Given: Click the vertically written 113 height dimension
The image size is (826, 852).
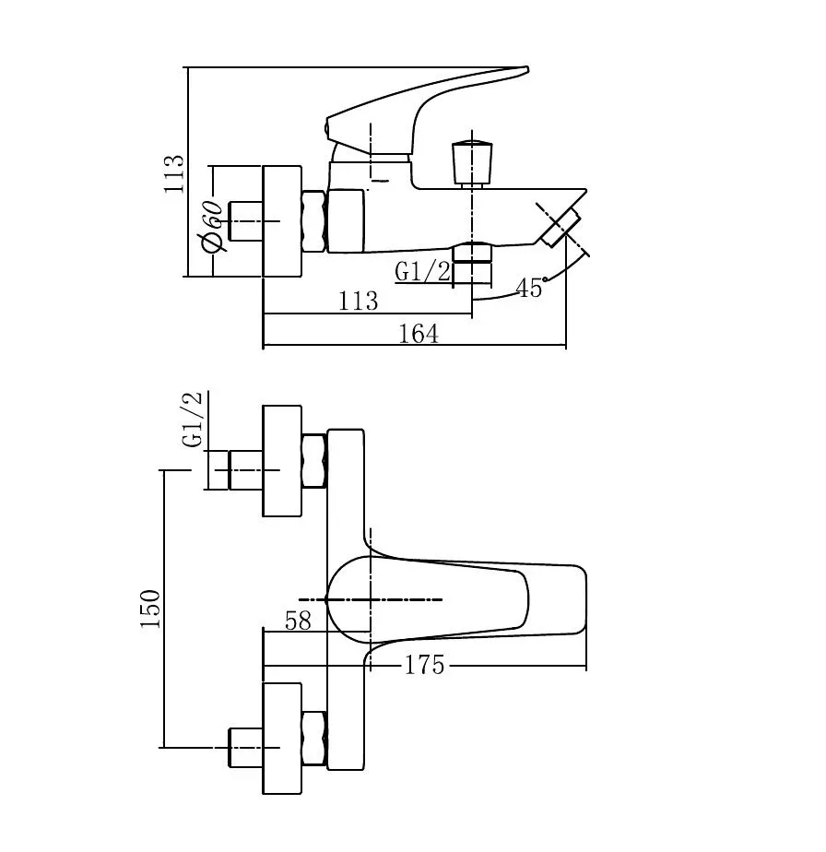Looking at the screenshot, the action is (174, 174).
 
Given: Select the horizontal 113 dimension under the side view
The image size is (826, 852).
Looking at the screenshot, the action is (358, 301).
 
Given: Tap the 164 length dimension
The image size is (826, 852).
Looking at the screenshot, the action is (419, 334).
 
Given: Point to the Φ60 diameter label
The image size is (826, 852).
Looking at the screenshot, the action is (212, 226).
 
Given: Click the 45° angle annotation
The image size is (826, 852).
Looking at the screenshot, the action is (531, 288).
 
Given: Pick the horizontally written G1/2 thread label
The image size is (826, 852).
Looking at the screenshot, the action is (423, 271).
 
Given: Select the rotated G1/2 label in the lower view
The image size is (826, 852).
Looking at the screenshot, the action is (193, 419).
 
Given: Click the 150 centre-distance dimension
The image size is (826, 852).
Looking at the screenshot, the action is (150, 609).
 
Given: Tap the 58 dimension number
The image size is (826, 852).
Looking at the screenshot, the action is (298, 621).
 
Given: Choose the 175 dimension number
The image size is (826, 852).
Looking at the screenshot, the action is (424, 665).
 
